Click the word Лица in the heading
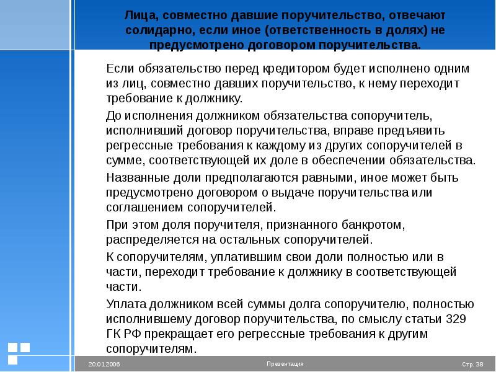tap(141, 15)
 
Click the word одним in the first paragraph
tap(451, 69)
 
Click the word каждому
tap(281, 146)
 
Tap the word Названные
tap(138, 178)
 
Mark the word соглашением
tap(144, 208)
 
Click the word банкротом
tap(373, 225)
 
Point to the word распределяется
tap(153, 240)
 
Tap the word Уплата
tap(126, 304)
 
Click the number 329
tap(456, 319)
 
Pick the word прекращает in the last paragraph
tap(179, 334)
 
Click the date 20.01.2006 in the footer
tap(104, 365)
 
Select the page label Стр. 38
tap(472, 365)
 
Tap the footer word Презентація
tap(285, 364)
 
